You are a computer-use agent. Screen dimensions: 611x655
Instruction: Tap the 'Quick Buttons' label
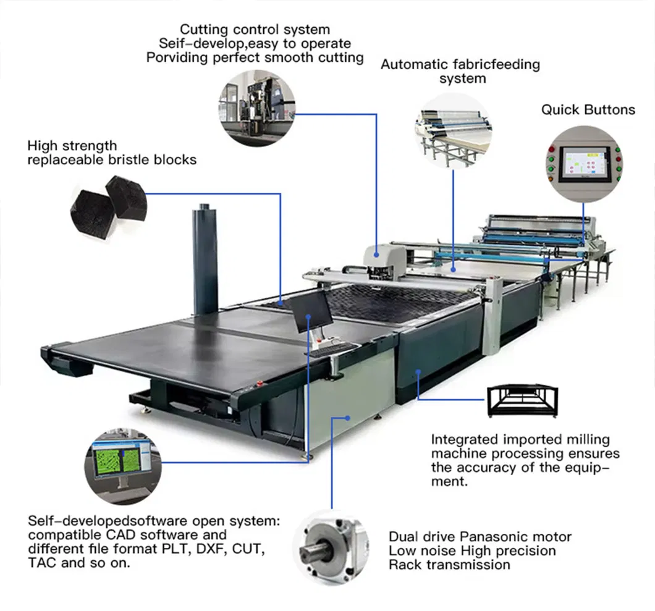click(x=588, y=110)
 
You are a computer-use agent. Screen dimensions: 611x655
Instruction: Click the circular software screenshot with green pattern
click(x=121, y=460)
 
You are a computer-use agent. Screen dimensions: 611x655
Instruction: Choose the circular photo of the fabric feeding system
click(x=453, y=130)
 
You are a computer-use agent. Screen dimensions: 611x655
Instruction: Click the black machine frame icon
click(x=522, y=400)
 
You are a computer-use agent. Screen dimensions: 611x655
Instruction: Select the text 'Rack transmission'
click(x=449, y=565)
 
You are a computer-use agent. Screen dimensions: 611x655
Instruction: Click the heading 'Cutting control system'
click(x=255, y=30)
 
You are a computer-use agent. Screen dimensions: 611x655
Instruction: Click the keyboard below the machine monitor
click(x=332, y=350)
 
